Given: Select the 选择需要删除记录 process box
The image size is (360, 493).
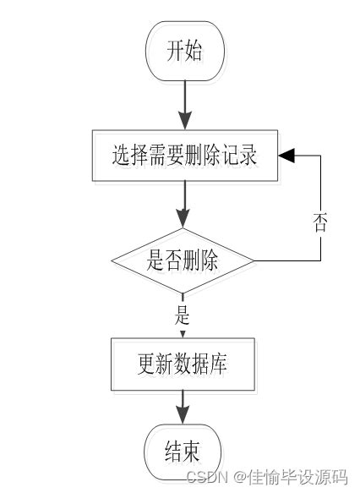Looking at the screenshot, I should [x=183, y=156].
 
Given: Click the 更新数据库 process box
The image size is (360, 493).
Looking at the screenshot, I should [x=183, y=365].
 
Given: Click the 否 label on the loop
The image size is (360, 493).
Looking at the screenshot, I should [x=320, y=223].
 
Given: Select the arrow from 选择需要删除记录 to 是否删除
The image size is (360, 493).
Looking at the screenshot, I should [x=183, y=205].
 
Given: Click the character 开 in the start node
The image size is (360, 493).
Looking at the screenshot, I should [x=174, y=52].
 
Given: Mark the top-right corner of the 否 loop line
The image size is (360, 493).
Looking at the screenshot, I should [x=320, y=156].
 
